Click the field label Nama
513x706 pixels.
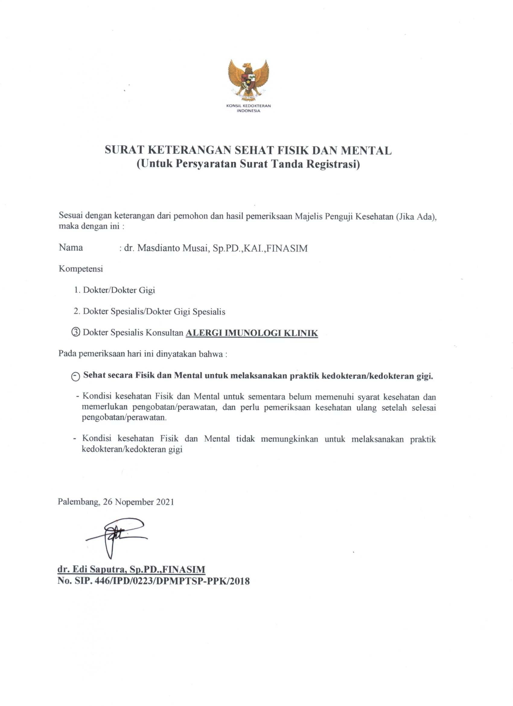click(x=71, y=248)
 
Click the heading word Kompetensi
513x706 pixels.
click(x=81, y=269)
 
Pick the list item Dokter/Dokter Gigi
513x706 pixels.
click(x=119, y=290)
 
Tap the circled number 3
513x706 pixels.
click(x=76, y=332)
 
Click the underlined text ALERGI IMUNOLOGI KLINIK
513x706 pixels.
click(x=251, y=333)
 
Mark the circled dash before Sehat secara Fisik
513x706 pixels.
click(x=76, y=377)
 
